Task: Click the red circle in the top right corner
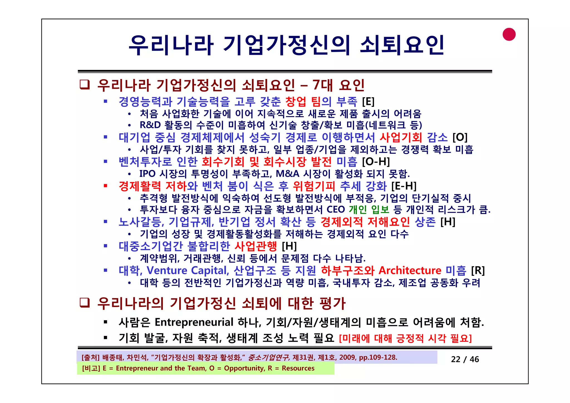[x=509, y=35]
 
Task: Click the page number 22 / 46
[x=465, y=359]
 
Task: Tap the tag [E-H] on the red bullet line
[x=404, y=186]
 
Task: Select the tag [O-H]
[x=376, y=161]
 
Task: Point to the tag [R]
[x=478, y=270]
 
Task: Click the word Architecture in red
[x=410, y=270]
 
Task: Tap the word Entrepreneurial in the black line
[x=194, y=322]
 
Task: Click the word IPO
[x=148, y=174]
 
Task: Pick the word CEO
[x=336, y=209]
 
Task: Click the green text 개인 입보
[x=369, y=209]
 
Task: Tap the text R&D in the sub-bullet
[x=150, y=125]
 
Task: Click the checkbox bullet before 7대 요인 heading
[x=85, y=85]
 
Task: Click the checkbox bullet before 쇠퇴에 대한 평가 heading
[x=85, y=303]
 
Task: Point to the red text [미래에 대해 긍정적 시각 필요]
[x=405, y=338]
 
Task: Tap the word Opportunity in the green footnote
[x=244, y=368]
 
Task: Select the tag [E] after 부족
[x=368, y=102]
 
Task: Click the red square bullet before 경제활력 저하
[x=105, y=186]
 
